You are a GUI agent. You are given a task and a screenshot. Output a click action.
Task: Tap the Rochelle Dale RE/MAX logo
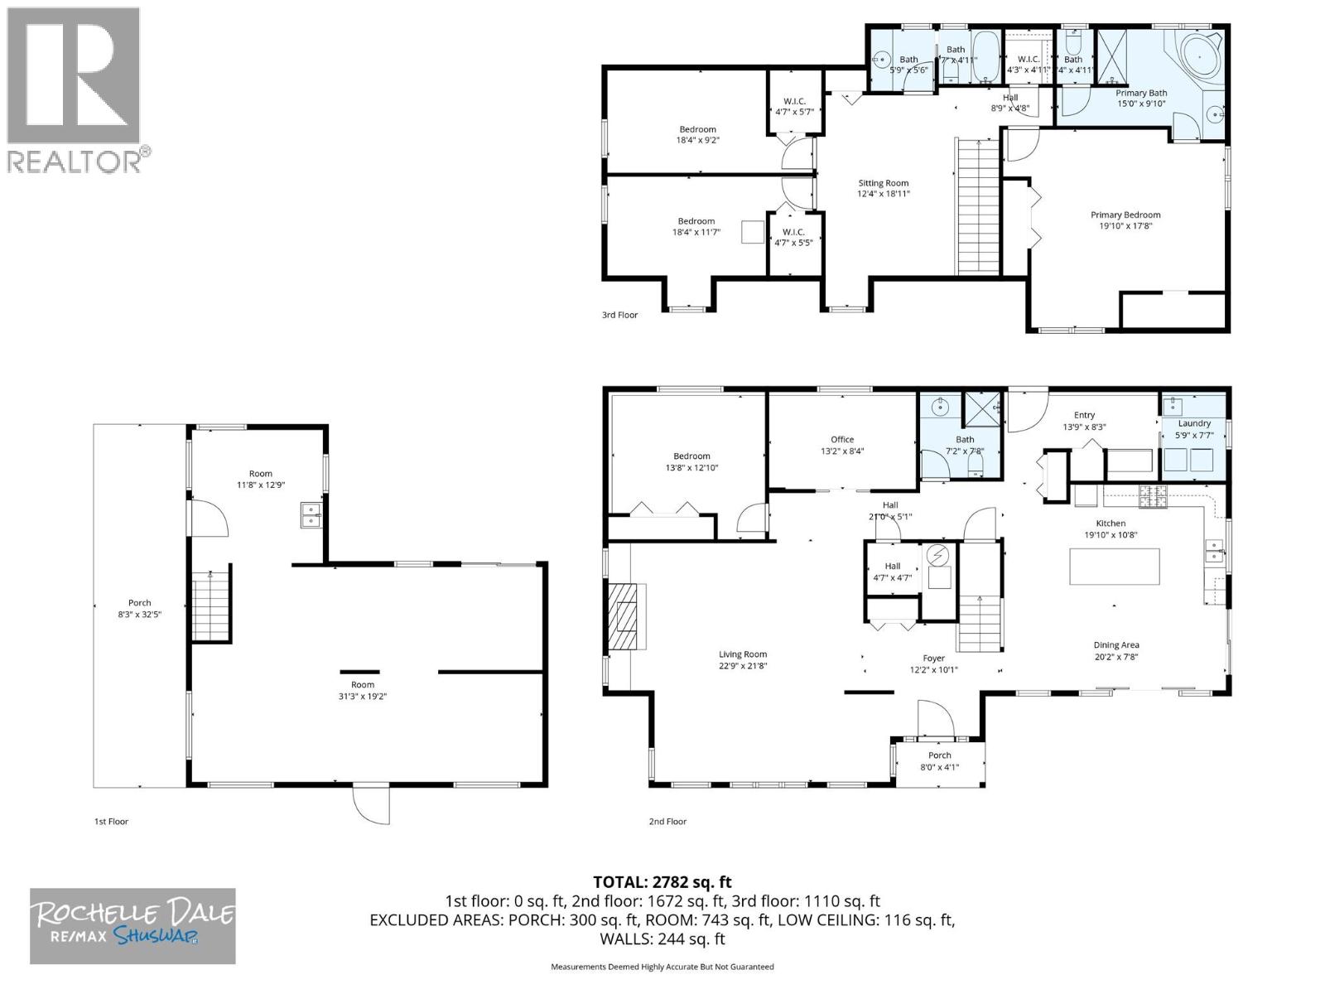[x=132, y=925]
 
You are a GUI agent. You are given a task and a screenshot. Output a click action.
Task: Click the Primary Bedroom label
[x=1125, y=215]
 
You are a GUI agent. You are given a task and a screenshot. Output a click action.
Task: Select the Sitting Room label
[x=883, y=183]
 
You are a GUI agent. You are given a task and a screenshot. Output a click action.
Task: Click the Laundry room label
[x=1194, y=423]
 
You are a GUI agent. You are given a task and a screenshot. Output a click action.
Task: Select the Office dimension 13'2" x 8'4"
[x=842, y=451]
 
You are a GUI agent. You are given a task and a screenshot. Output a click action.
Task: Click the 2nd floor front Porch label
[x=939, y=755]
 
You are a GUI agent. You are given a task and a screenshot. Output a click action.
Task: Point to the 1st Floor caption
[x=111, y=822]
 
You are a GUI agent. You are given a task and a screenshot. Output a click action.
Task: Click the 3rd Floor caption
[x=619, y=315]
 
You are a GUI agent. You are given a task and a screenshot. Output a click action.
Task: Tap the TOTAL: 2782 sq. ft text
[x=662, y=882]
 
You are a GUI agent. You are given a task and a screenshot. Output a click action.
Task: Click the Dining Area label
[x=1116, y=644]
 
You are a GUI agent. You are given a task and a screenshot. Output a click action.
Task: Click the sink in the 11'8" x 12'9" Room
[x=311, y=515]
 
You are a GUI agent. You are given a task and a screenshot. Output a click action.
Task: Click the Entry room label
[x=1084, y=415]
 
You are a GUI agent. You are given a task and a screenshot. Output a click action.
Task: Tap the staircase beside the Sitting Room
[x=979, y=207]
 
